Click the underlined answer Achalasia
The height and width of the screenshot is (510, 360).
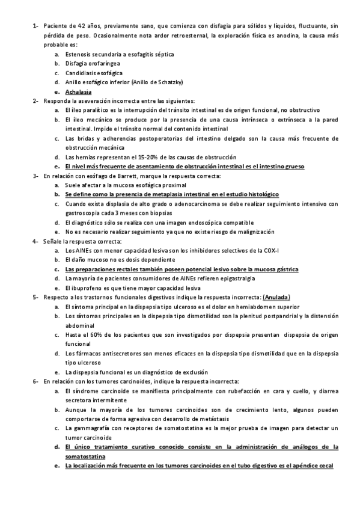click(x=78, y=91)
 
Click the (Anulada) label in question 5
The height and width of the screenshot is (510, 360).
click(x=278, y=297)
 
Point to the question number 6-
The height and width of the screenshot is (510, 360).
click(x=35, y=381)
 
